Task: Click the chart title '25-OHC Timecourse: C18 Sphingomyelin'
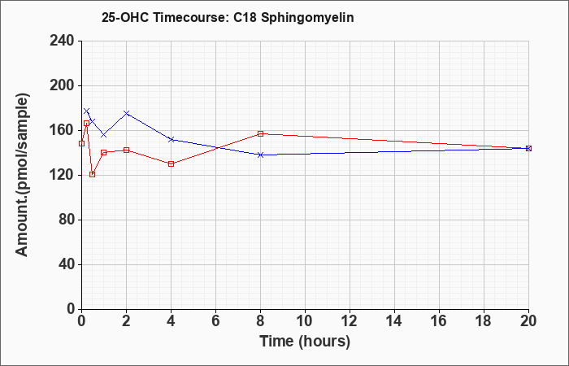click(x=228, y=18)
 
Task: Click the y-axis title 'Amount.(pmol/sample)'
click(x=22, y=175)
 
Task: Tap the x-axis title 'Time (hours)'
click(x=305, y=342)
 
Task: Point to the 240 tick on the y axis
click(x=62, y=41)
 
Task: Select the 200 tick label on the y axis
click(x=62, y=85)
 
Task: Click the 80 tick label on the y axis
click(x=66, y=220)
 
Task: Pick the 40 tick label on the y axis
click(x=66, y=264)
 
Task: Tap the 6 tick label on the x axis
click(x=215, y=320)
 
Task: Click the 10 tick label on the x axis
click(x=305, y=320)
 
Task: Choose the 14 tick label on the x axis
click(x=394, y=320)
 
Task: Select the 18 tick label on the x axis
click(x=484, y=320)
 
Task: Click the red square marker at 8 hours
click(x=261, y=133)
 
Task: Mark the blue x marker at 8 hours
click(x=261, y=155)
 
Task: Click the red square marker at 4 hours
click(x=172, y=163)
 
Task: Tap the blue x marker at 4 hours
click(x=172, y=139)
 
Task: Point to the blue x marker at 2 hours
click(x=126, y=113)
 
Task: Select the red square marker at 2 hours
click(x=126, y=150)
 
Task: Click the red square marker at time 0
click(x=81, y=143)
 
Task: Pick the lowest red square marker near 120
click(x=92, y=175)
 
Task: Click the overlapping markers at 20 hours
click(x=528, y=148)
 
